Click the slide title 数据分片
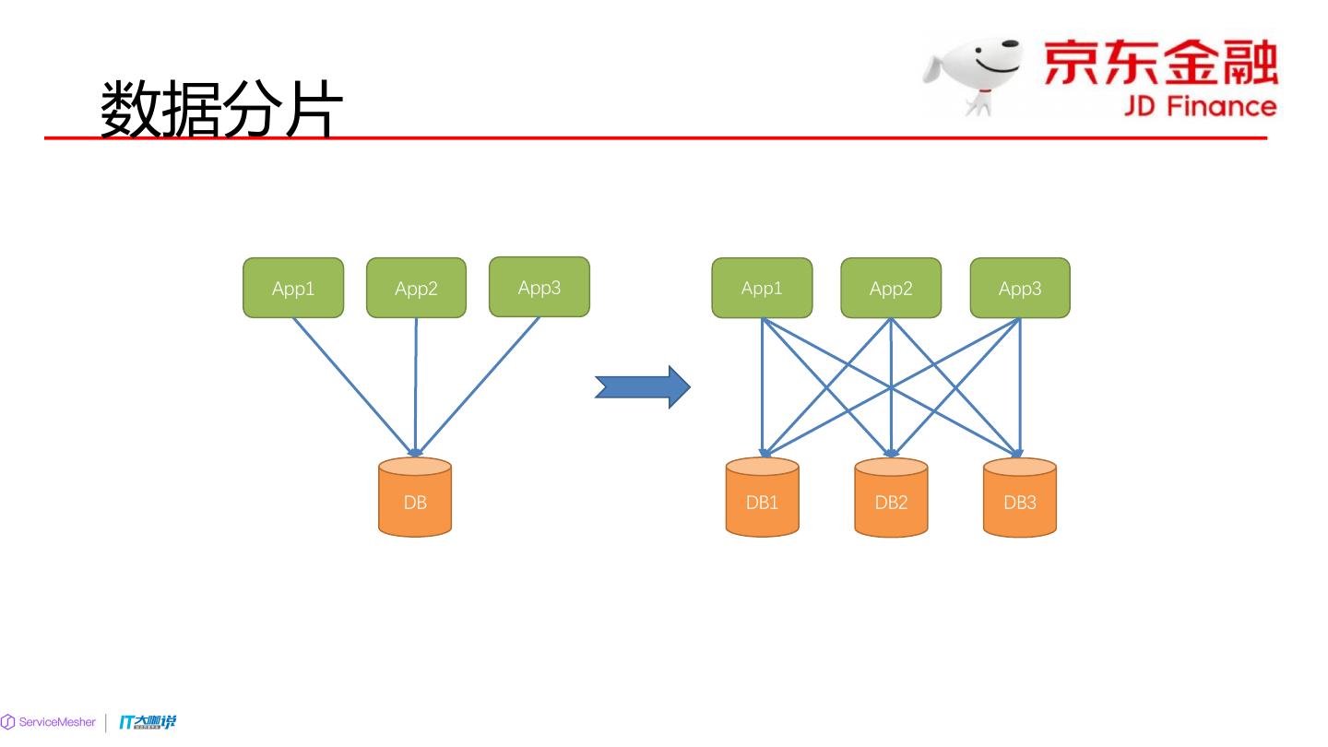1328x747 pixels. [221, 109]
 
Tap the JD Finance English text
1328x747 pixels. [1199, 105]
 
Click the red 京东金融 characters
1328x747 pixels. [1160, 63]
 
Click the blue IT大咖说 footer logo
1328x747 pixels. [148, 722]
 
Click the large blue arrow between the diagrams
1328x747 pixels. [642, 386]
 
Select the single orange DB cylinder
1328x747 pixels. [415, 498]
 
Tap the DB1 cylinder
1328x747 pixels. [762, 498]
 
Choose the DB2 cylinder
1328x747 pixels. [891, 498]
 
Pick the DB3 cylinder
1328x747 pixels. [1020, 498]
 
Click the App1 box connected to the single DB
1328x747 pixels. [293, 288]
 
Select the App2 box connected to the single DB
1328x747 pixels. [416, 288]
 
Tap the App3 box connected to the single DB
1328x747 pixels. [539, 287]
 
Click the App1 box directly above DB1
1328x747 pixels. [762, 288]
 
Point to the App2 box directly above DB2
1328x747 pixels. [891, 288]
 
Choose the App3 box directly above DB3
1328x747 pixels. [1020, 288]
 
